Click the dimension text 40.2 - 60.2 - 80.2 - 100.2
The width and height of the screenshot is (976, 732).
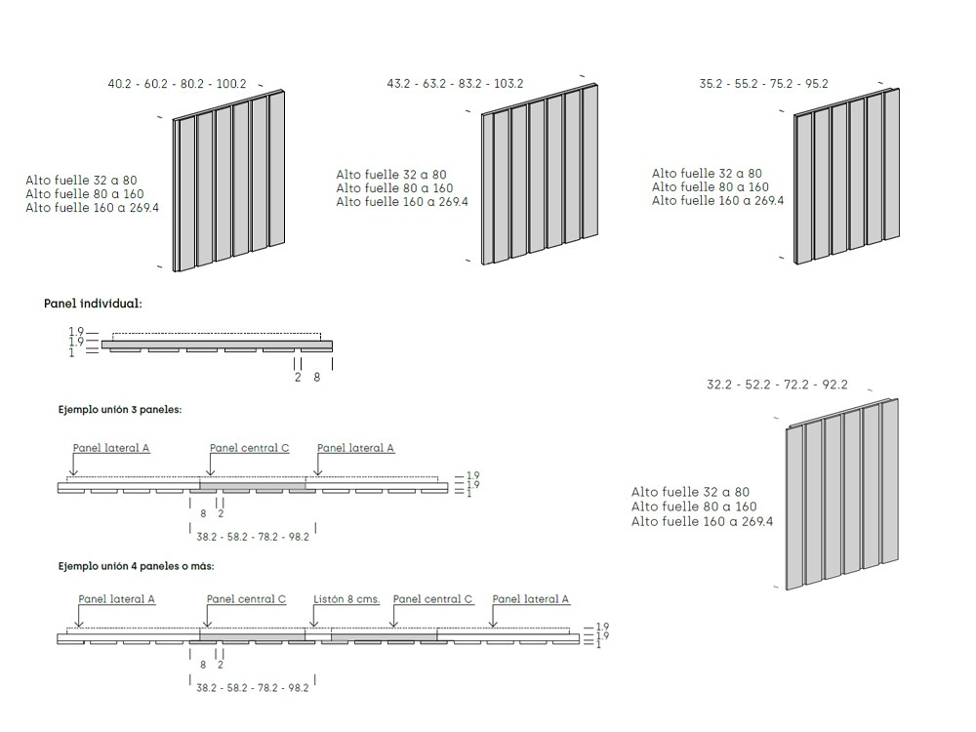point(177,83)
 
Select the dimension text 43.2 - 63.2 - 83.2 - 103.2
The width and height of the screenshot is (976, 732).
point(455,83)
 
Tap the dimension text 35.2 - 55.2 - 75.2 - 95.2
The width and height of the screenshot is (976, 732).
point(764,83)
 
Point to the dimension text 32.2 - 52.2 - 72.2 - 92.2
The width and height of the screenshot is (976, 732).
point(778,384)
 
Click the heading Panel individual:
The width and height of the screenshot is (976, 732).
point(93,304)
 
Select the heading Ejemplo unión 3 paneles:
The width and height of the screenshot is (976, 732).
point(120,410)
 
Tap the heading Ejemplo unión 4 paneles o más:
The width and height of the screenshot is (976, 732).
point(137,566)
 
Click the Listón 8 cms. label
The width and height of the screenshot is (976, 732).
point(346,599)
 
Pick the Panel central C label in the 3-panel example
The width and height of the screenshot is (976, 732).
point(250,448)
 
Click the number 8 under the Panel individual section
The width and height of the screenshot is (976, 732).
point(317,377)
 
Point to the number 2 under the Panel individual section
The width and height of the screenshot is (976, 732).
point(298,377)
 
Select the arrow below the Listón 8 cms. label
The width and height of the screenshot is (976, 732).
point(314,616)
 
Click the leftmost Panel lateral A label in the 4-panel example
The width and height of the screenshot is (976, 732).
point(116,599)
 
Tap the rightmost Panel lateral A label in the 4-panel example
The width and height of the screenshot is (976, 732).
point(530,599)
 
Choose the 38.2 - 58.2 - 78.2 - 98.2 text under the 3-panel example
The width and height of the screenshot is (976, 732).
point(253,537)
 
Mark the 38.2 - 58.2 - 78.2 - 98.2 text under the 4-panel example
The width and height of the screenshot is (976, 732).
point(253,688)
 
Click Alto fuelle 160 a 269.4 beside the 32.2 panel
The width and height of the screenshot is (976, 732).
point(702,521)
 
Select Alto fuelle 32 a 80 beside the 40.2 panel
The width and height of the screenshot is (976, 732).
point(81,181)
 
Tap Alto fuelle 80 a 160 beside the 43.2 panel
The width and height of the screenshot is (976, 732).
point(394,188)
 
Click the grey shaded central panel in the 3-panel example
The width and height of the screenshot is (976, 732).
point(253,485)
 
